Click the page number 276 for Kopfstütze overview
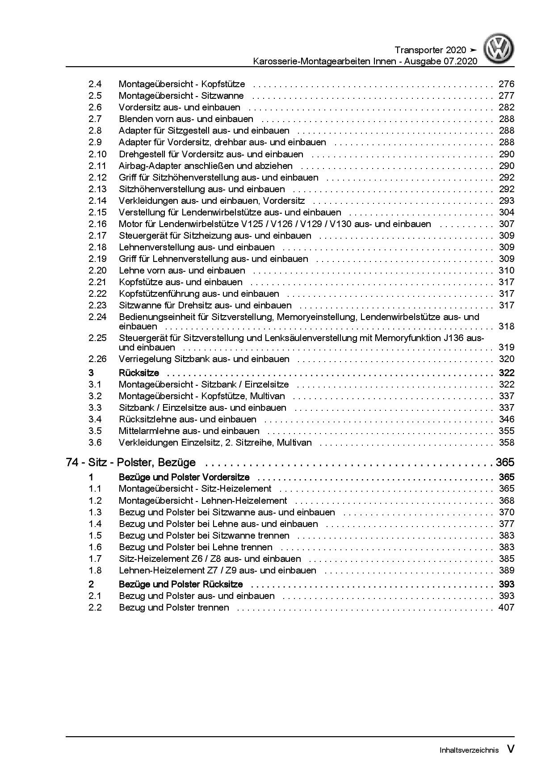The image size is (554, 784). pyautogui.click(x=506, y=84)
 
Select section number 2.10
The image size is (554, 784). pyautogui.click(x=97, y=154)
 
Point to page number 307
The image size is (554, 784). pyautogui.click(x=506, y=224)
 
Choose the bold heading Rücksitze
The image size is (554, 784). pyautogui.click(x=138, y=373)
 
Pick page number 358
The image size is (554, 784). pyautogui.click(x=506, y=443)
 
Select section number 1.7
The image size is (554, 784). pyautogui.click(x=95, y=559)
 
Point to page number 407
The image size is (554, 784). pyautogui.click(x=506, y=607)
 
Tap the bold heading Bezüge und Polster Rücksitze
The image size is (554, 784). pyautogui.click(x=180, y=584)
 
